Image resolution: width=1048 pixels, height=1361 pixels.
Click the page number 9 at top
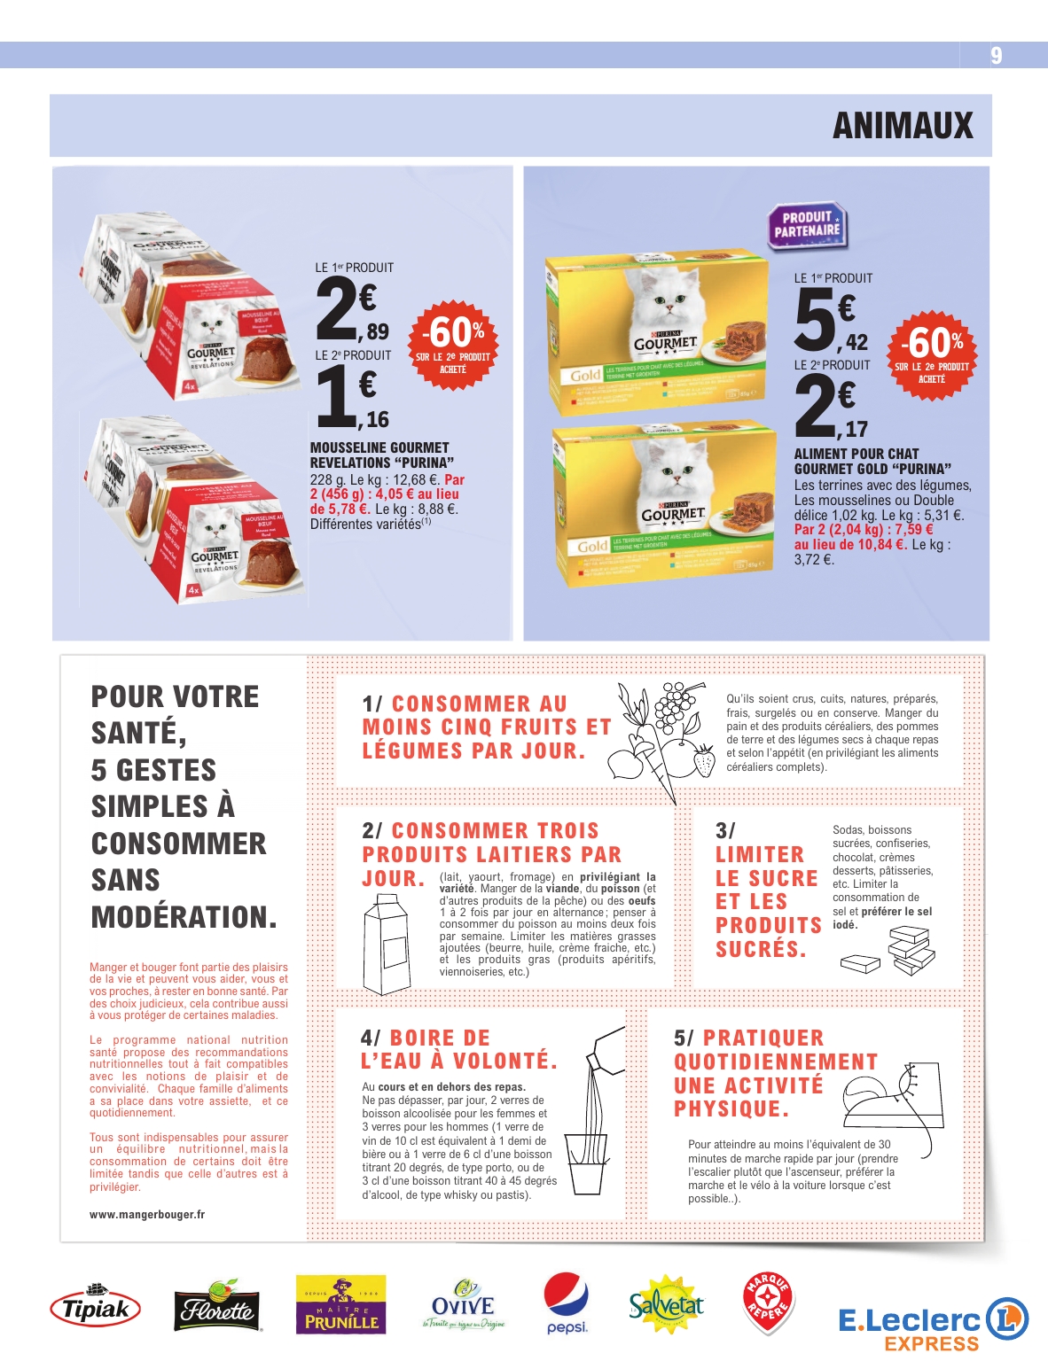pos(997,56)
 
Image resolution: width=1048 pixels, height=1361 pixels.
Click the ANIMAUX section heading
pos(903,126)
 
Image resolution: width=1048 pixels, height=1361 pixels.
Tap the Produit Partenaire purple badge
pos(806,225)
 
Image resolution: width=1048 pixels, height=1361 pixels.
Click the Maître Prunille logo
pos(341,1305)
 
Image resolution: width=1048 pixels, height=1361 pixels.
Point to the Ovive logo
pos(463,1305)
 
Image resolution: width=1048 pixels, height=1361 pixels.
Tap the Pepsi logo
pos(567,1303)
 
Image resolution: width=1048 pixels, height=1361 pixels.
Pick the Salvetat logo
pos(666,1305)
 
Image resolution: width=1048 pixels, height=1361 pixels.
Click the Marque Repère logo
pos(767,1303)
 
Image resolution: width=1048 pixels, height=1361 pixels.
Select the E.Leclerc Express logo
pos(933,1323)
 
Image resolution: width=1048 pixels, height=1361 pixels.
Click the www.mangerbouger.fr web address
pos(147,1215)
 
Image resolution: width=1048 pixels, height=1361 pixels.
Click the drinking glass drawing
pos(585,1162)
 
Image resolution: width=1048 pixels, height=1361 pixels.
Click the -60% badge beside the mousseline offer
pos(452,344)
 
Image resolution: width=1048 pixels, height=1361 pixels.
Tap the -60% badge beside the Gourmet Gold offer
pos(932,353)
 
